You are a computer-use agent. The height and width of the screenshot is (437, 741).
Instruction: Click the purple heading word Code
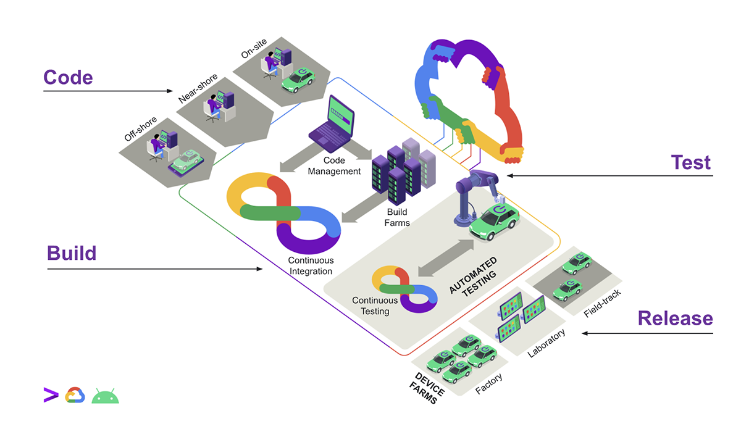point(68,77)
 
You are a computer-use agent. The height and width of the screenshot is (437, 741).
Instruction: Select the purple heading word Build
point(72,253)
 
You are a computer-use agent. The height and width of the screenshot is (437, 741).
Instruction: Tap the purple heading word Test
point(690,162)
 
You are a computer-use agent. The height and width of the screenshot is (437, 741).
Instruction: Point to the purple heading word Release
point(675,318)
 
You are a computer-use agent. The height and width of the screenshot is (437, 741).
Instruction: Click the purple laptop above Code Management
point(333,123)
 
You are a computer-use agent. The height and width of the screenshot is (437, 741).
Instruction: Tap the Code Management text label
point(334,166)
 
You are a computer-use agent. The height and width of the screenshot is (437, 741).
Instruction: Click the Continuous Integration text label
point(310,266)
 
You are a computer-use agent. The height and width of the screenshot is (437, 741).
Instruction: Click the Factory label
point(488,385)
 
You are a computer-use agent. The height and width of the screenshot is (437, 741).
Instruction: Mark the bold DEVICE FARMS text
point(425,388)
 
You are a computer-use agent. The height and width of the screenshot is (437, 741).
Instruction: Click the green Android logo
point(105,396)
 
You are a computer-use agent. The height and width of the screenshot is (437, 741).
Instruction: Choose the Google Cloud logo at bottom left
point(75,395)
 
